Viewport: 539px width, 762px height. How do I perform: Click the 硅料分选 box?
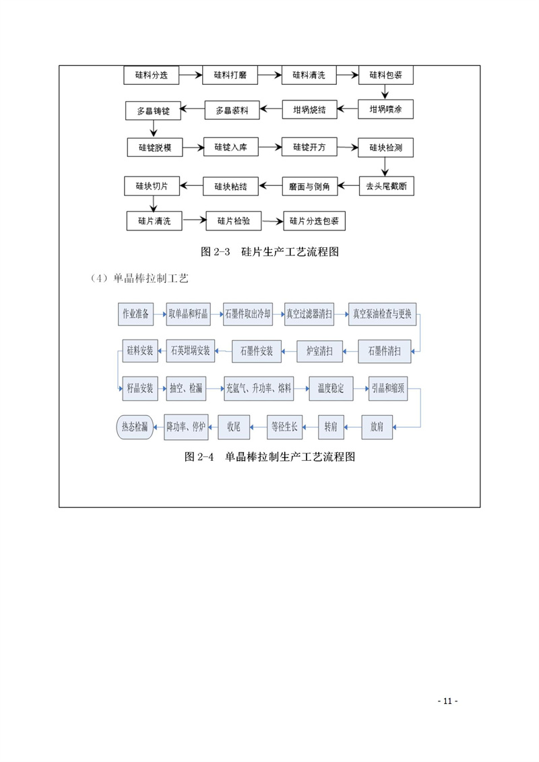tap(151, 75)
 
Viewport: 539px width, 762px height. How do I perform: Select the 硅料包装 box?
tap(386, 75)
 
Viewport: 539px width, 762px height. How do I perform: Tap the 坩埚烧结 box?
tap(310, 110)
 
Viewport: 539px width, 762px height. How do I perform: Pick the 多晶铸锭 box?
tap(153, 110)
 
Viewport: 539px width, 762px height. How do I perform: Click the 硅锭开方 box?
tap(310, 148)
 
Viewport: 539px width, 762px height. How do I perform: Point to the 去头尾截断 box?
tap(386, 186)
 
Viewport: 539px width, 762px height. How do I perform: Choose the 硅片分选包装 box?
tap(314, 221)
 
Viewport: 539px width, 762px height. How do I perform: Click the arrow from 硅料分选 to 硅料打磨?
tap(191, 75)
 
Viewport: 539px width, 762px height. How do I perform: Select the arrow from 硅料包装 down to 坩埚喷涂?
tap(385, 92)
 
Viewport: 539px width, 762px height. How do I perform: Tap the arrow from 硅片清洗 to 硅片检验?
tap(194, 220)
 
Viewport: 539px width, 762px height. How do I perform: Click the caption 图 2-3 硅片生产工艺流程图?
tap(269, 252)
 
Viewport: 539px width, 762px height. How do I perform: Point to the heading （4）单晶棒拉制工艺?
tap(139, 278)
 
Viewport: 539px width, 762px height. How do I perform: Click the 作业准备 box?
tap(135, 314)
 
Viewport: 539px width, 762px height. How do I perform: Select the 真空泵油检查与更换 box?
tap(382, 314)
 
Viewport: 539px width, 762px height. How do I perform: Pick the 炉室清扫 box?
tap(319, 351)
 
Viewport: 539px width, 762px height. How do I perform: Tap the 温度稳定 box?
tap(331, 388)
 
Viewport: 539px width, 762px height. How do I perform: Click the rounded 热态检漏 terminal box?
tap(135, 427)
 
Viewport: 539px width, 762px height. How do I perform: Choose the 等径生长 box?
tap(284, 427)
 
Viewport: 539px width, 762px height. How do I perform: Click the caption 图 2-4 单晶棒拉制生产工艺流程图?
tap(269, 457)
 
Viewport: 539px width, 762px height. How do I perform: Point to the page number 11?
tap(447, 701)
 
